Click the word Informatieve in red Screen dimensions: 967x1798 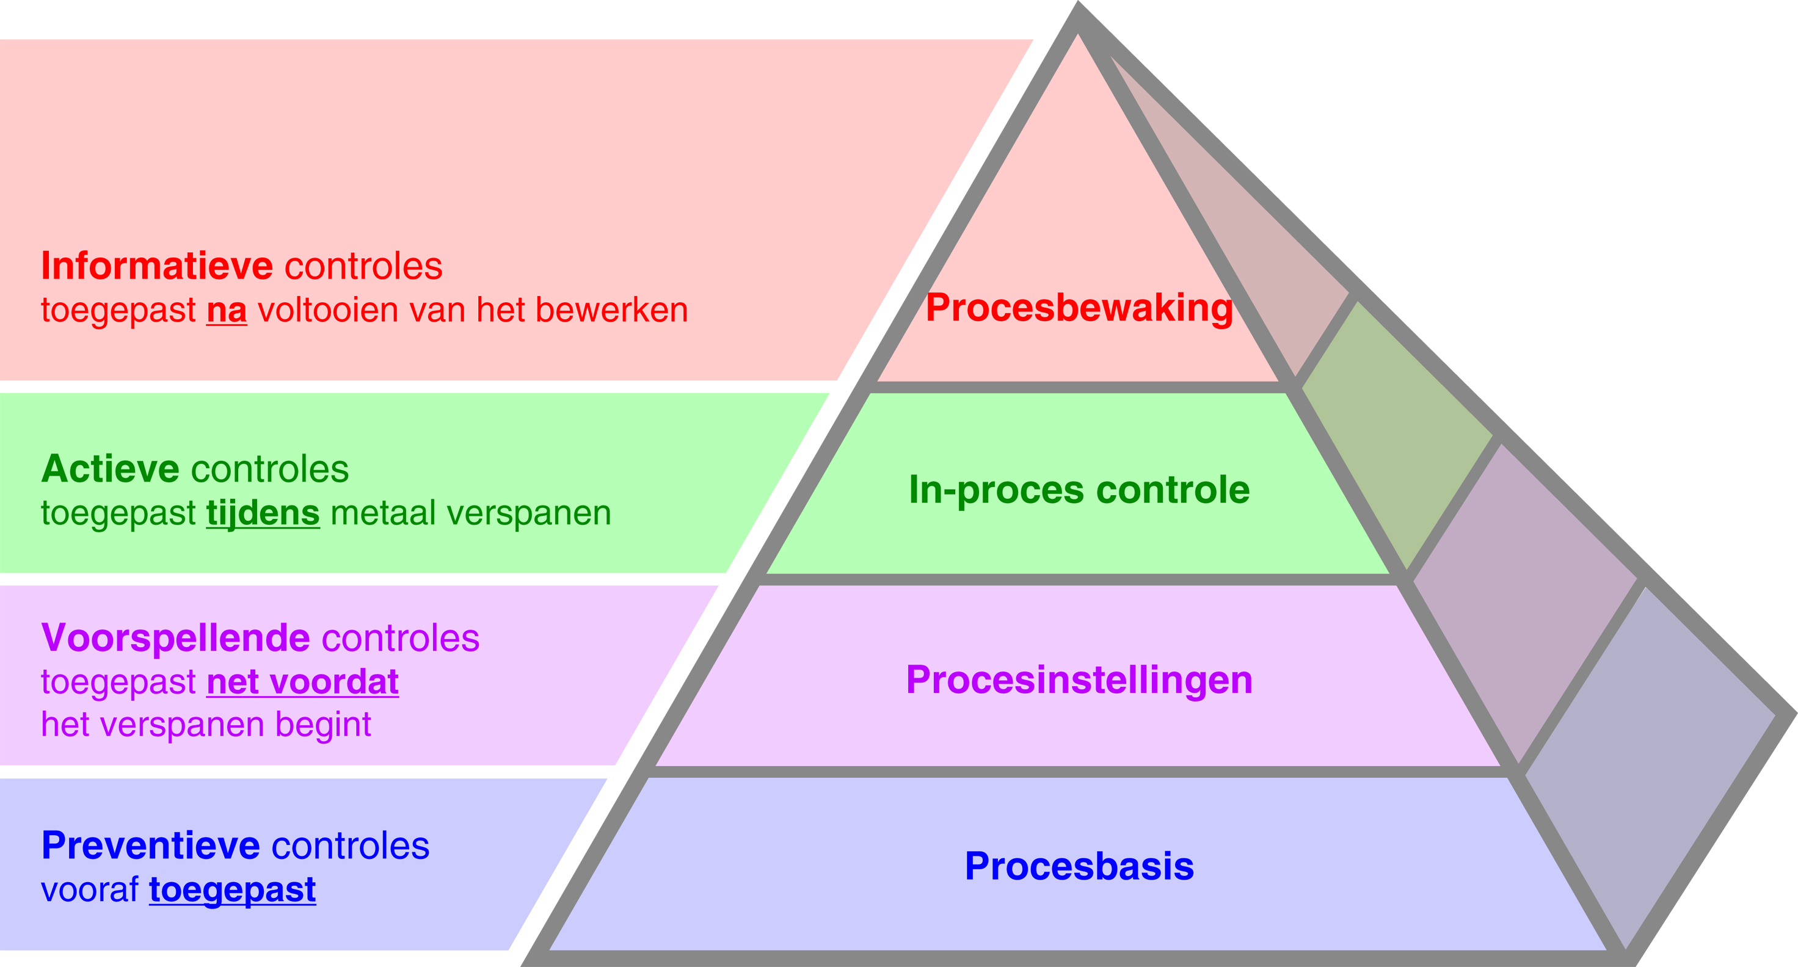point(156,266)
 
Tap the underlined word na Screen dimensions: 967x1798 point(226,310)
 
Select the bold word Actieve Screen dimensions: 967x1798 point(109,469)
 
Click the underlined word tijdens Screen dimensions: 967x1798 point(263,513)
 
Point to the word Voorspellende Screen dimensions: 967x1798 point(175,638)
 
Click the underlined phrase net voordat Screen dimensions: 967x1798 point(302,682)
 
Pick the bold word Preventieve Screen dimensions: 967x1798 point(151,846)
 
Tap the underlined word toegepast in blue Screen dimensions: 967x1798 point(233,890)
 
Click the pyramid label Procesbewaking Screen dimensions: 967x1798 point(1079,308)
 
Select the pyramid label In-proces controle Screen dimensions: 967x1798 point(1079,490)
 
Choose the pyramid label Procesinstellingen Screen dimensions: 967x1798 point(1079,679)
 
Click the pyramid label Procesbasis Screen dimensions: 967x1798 point(1079,866)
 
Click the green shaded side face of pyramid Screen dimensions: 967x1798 point(1396,433)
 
